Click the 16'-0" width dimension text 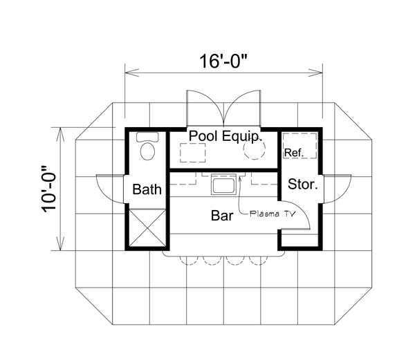coord(223,61)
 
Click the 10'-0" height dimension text coord(49,189)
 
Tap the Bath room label coord(147,189)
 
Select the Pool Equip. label coord(225,136)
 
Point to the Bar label coord(222,216)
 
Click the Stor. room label coord(302,184)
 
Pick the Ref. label coord(294,153)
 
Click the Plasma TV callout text coord(273,214)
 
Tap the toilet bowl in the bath coord(147,151)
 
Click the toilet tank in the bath coord(147,137)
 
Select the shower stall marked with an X coord(147,227)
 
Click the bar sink coord(223,184)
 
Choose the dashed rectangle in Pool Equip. coord(193,153)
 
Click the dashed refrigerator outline coord(299,146)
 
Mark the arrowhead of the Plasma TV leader coord(240,178)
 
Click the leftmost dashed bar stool coord(189,261)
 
